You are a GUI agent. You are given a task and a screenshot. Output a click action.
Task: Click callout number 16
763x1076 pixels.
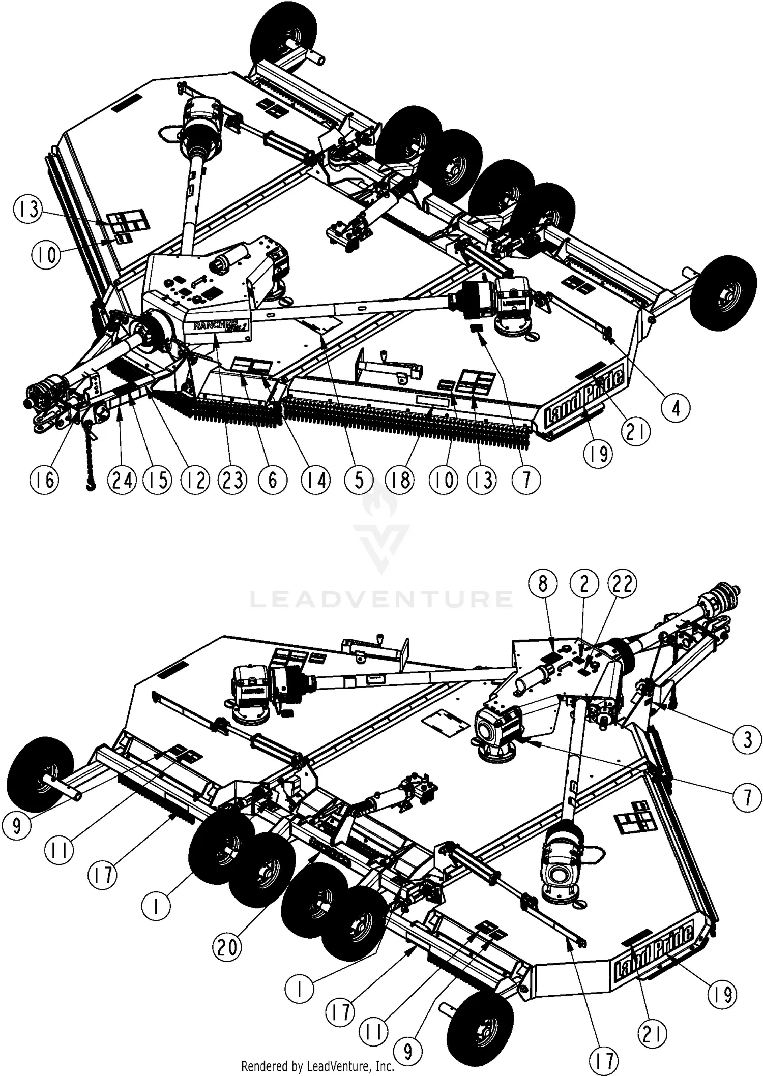click(45, 479)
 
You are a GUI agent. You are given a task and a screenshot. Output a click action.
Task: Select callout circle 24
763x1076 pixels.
click(123, 479)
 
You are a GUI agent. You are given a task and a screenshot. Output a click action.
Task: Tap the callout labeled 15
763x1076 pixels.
click(158, 479)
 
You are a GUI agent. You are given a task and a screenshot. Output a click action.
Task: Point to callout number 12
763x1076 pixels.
click(196, 479)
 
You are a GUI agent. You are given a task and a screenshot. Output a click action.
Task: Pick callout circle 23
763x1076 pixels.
click(233, 479)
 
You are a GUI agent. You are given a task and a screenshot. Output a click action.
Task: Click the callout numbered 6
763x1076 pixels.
click(273, 479)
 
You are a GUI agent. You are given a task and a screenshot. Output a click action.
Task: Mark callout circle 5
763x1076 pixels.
click(359, 479)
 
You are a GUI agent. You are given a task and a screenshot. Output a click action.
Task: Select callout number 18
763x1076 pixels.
click(401, 479)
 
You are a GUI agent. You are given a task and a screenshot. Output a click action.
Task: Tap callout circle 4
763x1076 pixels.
click(676, 407)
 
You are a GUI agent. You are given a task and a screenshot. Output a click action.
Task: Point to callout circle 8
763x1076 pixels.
click(543, 584)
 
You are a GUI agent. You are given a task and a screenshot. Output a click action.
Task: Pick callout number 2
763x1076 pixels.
click(584, 584)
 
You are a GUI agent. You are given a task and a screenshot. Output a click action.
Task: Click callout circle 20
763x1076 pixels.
click(227, 947)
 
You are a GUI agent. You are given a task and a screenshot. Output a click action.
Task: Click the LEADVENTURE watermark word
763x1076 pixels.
click(381, 599)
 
